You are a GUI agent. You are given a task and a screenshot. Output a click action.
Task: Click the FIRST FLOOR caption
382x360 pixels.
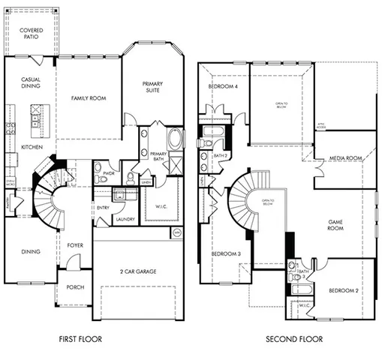tap(80, 340)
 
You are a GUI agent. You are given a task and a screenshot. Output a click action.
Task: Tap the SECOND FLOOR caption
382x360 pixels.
tap(295, 340)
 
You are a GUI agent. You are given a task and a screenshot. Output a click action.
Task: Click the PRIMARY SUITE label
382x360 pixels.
tap(154, 86)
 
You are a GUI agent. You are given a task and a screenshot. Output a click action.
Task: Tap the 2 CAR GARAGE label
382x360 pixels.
tap(137, 271)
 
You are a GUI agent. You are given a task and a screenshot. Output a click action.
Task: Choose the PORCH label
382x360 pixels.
tap(74, 287)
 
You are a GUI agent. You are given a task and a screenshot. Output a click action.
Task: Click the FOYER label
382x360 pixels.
tap(75, 245)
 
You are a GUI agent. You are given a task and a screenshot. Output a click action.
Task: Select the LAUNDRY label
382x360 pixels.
tap(124, 220)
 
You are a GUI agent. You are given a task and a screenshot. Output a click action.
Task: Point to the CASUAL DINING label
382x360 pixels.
tap(30, 83)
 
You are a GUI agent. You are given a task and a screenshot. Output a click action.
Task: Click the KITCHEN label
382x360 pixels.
tap(31, 147)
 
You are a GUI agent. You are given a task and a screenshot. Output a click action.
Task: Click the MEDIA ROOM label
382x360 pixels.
tap(346, 158)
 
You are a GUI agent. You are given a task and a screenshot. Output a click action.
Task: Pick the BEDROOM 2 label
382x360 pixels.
tap(343, 290)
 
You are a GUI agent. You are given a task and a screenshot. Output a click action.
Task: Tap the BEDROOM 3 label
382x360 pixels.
tap(225, 254)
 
